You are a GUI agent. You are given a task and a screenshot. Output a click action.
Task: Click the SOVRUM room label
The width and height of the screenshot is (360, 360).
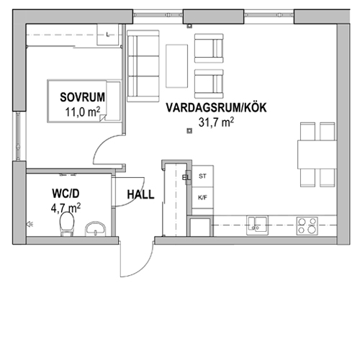pos(82,97)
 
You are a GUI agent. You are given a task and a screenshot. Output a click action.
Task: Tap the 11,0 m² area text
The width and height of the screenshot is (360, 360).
pos(83,112)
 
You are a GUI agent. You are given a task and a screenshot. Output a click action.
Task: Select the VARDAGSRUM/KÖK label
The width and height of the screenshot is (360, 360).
pos(216,107)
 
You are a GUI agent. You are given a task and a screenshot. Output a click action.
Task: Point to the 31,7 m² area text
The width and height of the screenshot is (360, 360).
pos(216,122)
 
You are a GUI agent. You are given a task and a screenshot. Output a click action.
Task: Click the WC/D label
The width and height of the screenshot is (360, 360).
pos(66,194)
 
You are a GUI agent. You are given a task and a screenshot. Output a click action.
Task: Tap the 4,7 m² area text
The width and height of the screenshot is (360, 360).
pos(66,208)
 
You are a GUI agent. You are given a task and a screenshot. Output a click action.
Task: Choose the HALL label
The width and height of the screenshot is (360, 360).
pos(140,194)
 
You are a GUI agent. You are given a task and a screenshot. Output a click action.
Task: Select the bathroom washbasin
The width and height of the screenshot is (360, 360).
pos(95,229)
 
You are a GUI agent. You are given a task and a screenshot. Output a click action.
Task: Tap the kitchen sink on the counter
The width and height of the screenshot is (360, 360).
pos(257,225)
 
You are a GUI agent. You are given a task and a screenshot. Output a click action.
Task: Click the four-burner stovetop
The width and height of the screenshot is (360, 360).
pos(307,226)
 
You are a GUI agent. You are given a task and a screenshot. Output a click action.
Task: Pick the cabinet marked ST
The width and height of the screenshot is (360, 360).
pos(202,176)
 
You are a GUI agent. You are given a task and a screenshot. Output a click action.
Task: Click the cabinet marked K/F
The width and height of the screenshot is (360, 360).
pos(202,198)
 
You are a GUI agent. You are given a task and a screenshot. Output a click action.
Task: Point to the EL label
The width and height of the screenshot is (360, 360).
pos(186,178)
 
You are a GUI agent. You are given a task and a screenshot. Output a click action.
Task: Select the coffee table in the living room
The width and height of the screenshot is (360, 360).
pos(176,66)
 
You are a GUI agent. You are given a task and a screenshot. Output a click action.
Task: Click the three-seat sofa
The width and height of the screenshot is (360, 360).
pos(143,66)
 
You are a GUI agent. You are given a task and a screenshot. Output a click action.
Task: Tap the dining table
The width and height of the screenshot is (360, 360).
pos(317,155)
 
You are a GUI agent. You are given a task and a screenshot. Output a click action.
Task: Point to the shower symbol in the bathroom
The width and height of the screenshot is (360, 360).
pos(30,225)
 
